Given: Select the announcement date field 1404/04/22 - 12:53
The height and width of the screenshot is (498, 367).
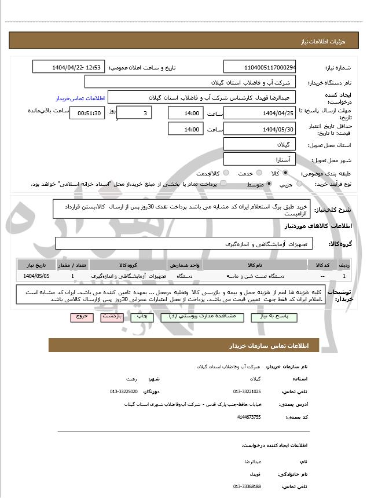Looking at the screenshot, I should (69, 67).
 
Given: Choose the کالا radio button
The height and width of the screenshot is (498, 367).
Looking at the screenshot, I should (285, 173).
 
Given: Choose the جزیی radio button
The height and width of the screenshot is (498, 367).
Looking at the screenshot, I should (299, 184).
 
